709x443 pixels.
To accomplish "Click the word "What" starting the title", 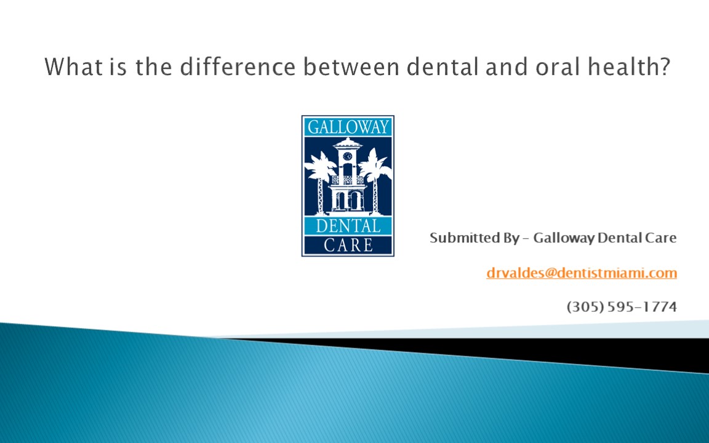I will [68, 66].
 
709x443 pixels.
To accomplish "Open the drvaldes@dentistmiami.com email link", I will [581, 273].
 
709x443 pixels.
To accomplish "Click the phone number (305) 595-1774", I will [622, 306].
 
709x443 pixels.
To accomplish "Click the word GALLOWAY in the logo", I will [348, 127].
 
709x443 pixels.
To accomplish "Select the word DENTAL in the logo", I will [348, 226].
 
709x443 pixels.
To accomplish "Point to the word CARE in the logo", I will [348, 245].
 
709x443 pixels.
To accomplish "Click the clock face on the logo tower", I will [348, 156].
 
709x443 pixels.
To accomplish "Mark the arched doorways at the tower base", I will [348, 201].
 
